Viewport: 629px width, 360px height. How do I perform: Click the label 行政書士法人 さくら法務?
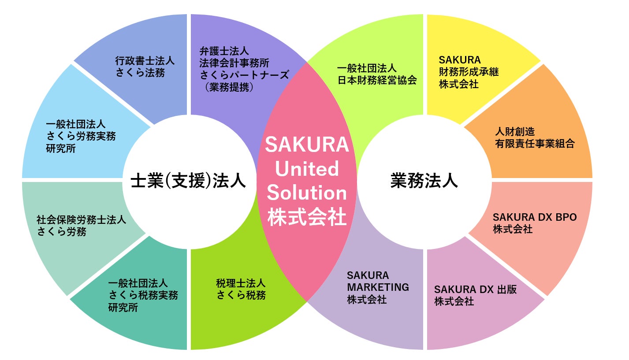tap(145, 67)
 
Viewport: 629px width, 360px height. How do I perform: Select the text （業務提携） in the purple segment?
tap(229, 87)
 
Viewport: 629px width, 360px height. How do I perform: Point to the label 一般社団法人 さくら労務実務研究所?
tap(81, 136)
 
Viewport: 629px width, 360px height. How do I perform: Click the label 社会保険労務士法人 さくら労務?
tap(81, 225)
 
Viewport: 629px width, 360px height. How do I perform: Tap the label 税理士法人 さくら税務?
tap(241, 289)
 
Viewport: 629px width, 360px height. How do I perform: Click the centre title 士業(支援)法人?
tap(188, 181)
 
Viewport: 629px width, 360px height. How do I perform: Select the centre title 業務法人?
tap(424, 181)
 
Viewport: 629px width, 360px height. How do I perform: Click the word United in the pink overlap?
tap(307, 169)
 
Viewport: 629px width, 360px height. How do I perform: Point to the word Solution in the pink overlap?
tap(307, 193)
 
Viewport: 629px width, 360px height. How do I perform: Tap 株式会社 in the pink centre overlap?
tap(307, 217)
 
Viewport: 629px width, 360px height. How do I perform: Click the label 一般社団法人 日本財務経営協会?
tap(376, 74)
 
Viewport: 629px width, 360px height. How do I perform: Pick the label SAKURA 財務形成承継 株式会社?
tap(469, 72)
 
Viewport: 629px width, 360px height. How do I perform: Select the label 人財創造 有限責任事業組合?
tap(534, 137)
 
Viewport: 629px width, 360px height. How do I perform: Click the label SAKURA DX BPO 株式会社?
tap(534, 223)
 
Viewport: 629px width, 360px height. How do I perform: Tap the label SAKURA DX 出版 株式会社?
tap(475, 295)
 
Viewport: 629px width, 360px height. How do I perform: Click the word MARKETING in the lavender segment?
tap(378, 287)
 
